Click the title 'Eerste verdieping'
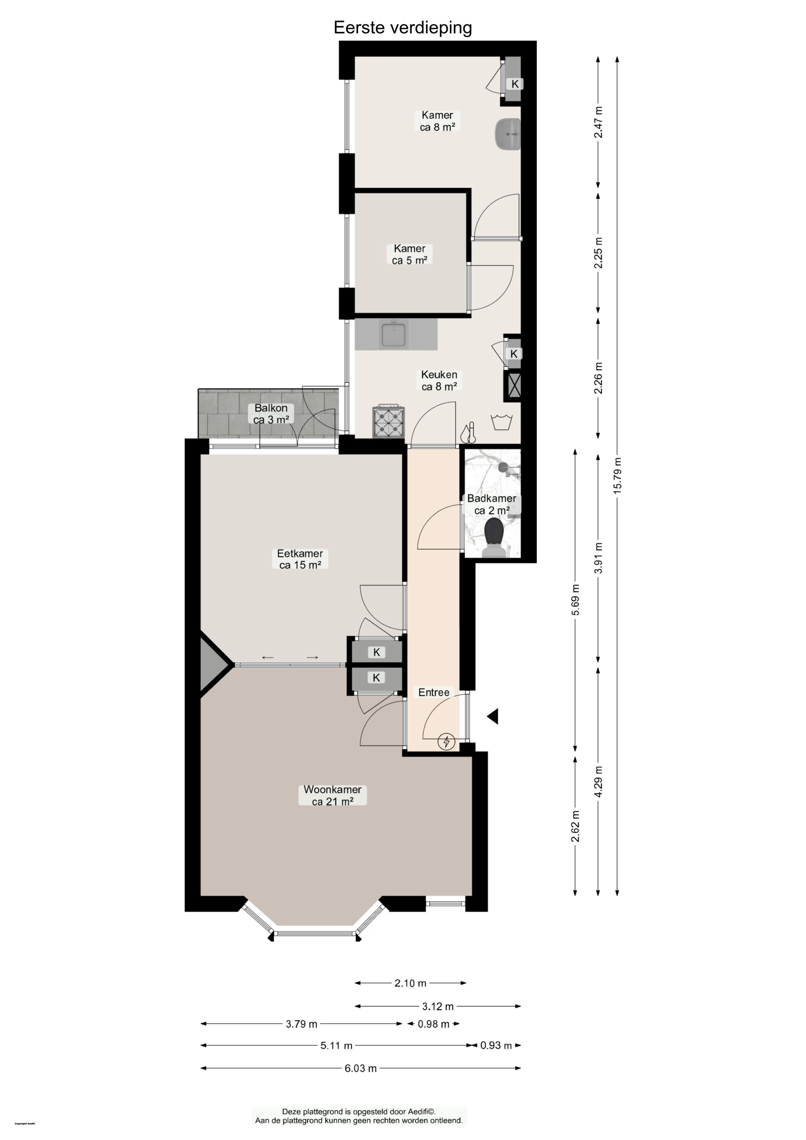(x=403, y=27)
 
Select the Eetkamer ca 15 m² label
(x=300, y=559)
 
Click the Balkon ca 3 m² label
(x=271, y=414)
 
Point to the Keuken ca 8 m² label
(x=439, y=380)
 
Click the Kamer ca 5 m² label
(x=409, y=254)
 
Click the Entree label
(x=434, y=692)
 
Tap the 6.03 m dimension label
(x=361, y=1068)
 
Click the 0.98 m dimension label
(x=433, y=1024)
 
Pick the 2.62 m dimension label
(x=575, y=827)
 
